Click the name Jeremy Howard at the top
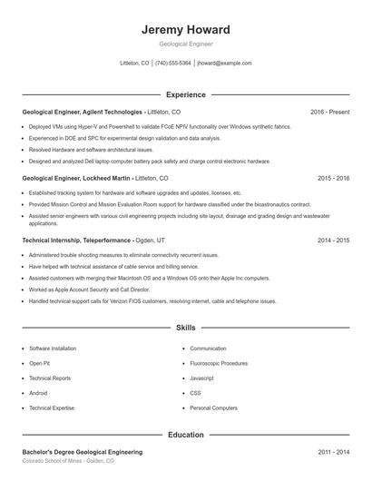pyautogui.click(x=185, y=29)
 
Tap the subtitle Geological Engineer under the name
pyautogui.click(x=185, y=44)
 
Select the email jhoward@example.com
pyautogui.click(x=224, y=64)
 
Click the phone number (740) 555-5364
pyautogui.click(x=173, y=64)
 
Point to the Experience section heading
pyautogui.click(x=185, y=94)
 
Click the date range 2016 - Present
pyautogui.click(x=329, y=112)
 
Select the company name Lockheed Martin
pyautogui.click(x=101, y=178)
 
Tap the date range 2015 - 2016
pyautogui.click(x=333, y=178)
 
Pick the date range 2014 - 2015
pyautogui.click(x=333, y=240)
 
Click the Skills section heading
pyautogui.click(x=185, y=327)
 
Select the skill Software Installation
pyautogui.click(x=53, y=348)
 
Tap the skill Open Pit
pyautogui.click(x=39, y=363)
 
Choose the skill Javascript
pyautogui.click(x=202, y=378)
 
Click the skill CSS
pyautogui.click(x=195, y=393)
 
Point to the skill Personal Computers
pyautogui.click(x=213, y=408)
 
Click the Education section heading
pyautogui.click(x=185, y=435)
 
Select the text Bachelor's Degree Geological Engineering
pyautogui.click(x=82, y=452)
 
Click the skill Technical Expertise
pyautogui.click(x=51, y=408)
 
